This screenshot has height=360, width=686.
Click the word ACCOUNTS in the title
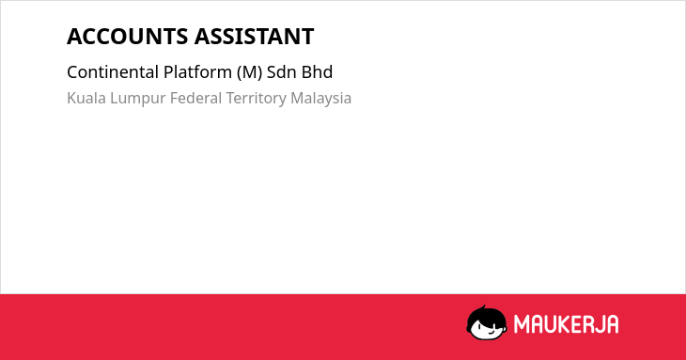(128, 37)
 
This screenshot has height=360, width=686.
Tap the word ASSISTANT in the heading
(254, 37)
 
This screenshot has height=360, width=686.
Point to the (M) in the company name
(249, 72)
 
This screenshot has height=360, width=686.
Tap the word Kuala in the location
(86, 98)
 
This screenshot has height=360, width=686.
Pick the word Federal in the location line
(196, 98)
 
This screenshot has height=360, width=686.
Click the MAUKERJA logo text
(566, 324)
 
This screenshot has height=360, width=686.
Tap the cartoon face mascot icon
(487, 322)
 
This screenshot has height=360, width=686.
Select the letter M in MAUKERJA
(521, 324)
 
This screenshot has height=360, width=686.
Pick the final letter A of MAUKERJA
(612, 324)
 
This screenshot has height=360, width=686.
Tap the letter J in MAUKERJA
(599, 324)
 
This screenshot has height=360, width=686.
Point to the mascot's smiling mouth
(491, 332)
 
